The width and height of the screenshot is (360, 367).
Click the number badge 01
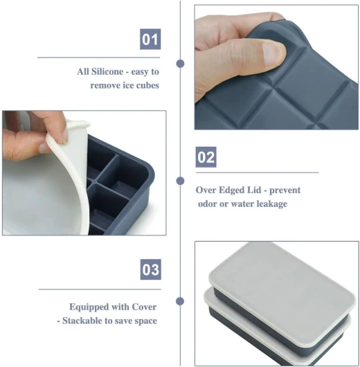click(150, 39)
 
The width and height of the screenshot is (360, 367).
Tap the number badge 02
click(206, 157)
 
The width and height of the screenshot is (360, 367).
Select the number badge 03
click(151, 269)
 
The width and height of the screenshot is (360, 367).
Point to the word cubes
click(147, 85)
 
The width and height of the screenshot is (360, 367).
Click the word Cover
click(144, 307)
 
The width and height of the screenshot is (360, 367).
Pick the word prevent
click(285, 190)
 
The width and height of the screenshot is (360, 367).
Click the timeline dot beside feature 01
click(180, 64)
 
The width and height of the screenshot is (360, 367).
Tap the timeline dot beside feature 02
click(180, 181)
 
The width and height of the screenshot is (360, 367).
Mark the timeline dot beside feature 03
click(180, 301)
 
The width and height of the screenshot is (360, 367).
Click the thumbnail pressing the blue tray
click(276, 67)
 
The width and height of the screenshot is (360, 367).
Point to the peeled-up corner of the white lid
click(78, 125)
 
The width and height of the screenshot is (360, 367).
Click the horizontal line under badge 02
click(258, 172)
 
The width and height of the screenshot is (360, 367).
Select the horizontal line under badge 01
click(98, 57)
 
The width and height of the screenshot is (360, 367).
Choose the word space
click(145, 321)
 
